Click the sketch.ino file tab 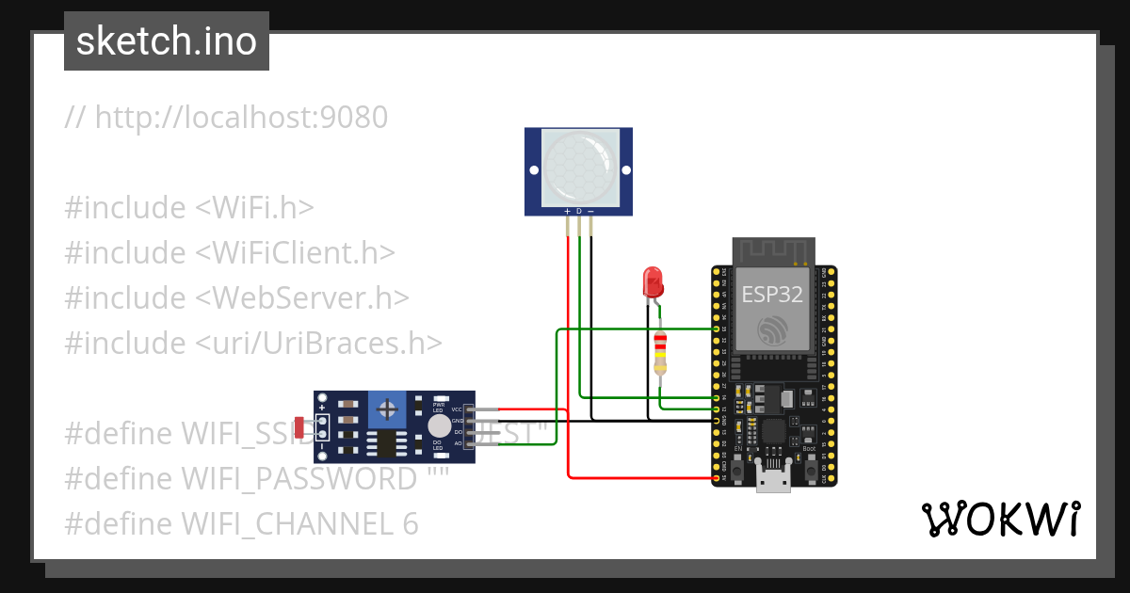pyautogui.click(x=166, y=41)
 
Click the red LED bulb pyautogui.click(x=652, y=280)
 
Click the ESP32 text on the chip pyautogui.click(x=772, y=294)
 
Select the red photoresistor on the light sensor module pyautogui.click(x=300, y=427)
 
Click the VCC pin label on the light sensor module pyautogui.click(x=457, y=410)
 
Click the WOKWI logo pyautogui.click(x=1000, y=519)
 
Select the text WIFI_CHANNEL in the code pyautogui.click(x=272, y=523)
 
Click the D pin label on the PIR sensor pyautogui.click(x=579, y=210)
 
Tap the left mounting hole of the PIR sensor pyautogui.click(x=534, y=171)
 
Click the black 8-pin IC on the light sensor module pyautogui.click(x=386, y=442)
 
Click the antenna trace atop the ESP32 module pyautogui.click(x=773, y=250)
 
